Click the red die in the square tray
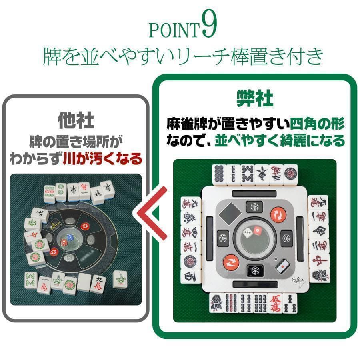click(257, 231)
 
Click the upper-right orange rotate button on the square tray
click(277, 215)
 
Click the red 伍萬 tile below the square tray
click(276, 303)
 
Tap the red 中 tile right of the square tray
click(319, 259)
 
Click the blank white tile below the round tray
click(84, 282)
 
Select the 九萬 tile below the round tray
click(98, 283)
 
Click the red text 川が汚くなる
click(102, 159)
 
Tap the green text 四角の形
click(317, 124)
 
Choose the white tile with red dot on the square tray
click(282, 264)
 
